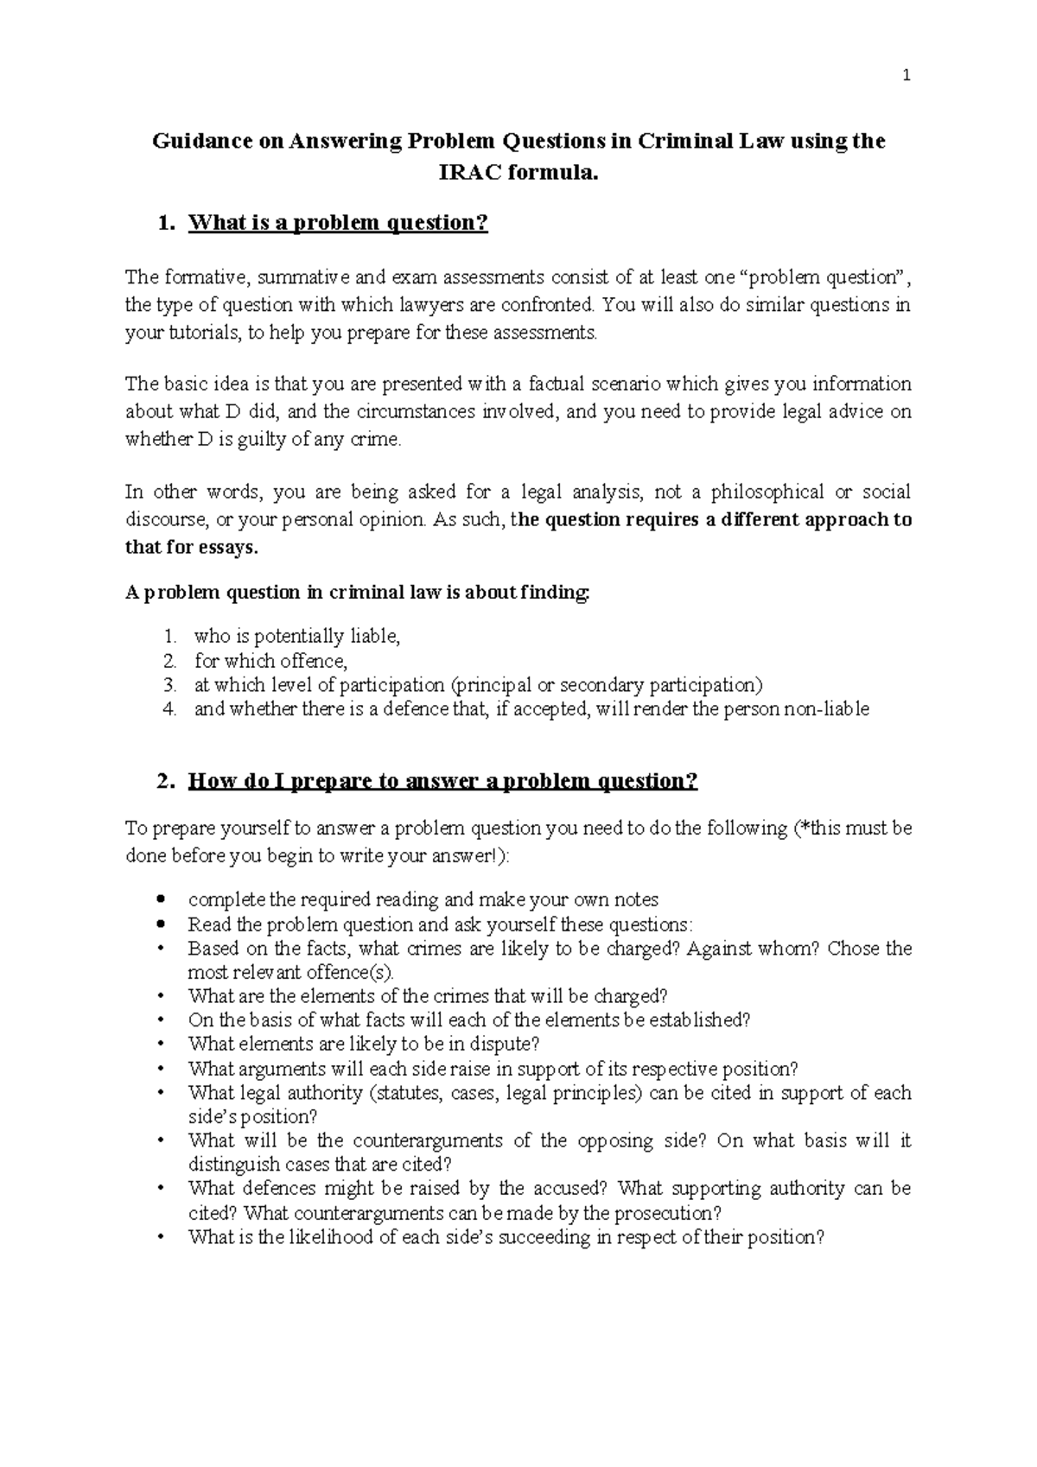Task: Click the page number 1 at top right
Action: pyautogui.click(x=906, y=76)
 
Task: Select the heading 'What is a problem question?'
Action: pyautogui.click(x=338, y=223)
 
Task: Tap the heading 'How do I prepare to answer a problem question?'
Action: pyautogui.click(x=442, y=781)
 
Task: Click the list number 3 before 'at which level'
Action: pyautogui.click(x=169, y=685)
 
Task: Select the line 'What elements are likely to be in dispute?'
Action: pyautogui.click(x=364, y=1044)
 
